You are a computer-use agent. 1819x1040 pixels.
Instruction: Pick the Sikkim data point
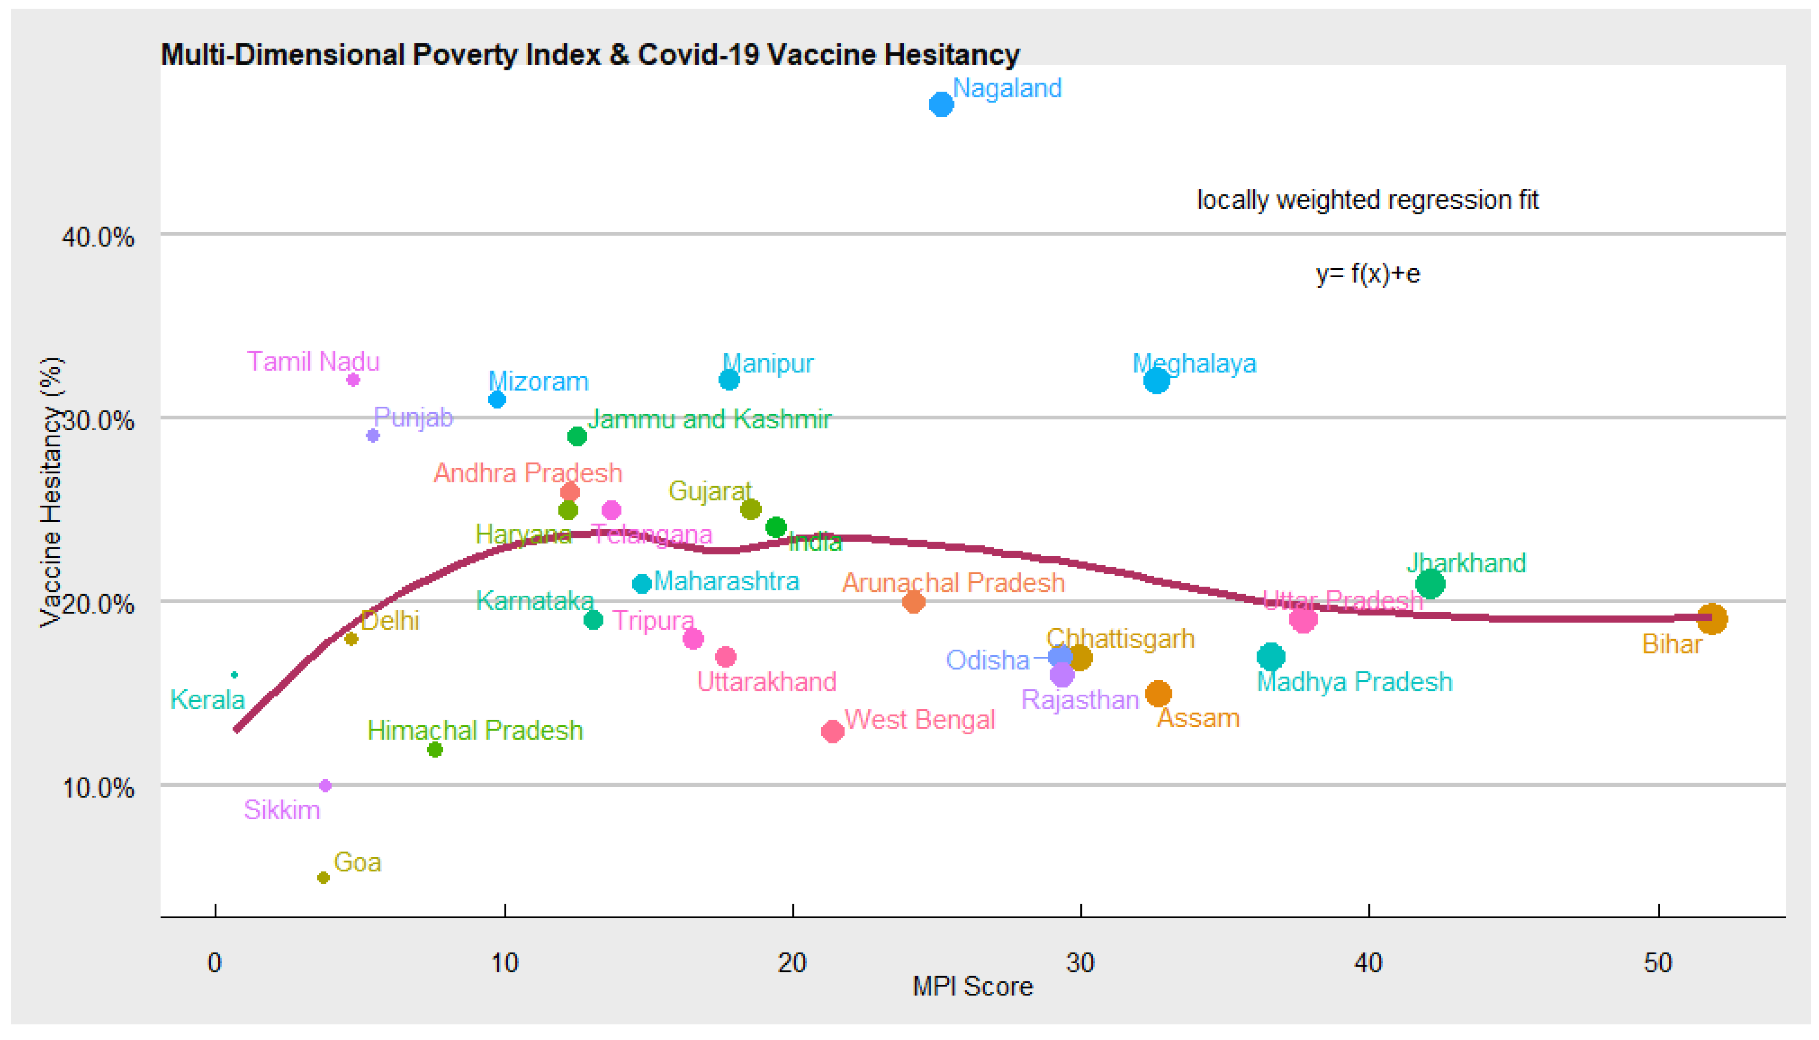pyautogui.click(x=325, y=786)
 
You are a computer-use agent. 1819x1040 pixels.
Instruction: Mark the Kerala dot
pyautogui.click(x=234, y=675)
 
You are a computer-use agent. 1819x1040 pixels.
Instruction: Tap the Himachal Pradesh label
pyautogui.click(x=475, y=730)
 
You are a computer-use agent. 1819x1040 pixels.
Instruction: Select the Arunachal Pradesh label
pyautogui.click(x=953, y=583)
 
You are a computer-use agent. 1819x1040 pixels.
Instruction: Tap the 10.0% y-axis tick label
pyautogui.click(x=98, y=789)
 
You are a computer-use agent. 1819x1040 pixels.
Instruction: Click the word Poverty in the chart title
pyautogui.click(x=465, y=54)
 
